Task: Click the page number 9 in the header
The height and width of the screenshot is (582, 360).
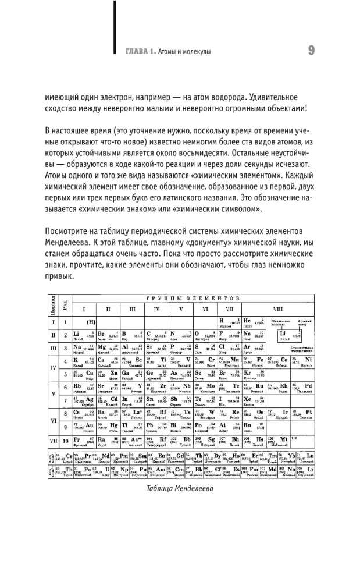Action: pyautogui.click(x=311, y=51)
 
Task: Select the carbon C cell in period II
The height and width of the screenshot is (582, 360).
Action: pyautogui.click(x=157, y=335)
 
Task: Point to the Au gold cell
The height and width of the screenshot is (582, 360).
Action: pyautogui.click(x=87, y=427)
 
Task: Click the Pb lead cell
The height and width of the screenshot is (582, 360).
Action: pyautogui.click(x=157, y=427)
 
